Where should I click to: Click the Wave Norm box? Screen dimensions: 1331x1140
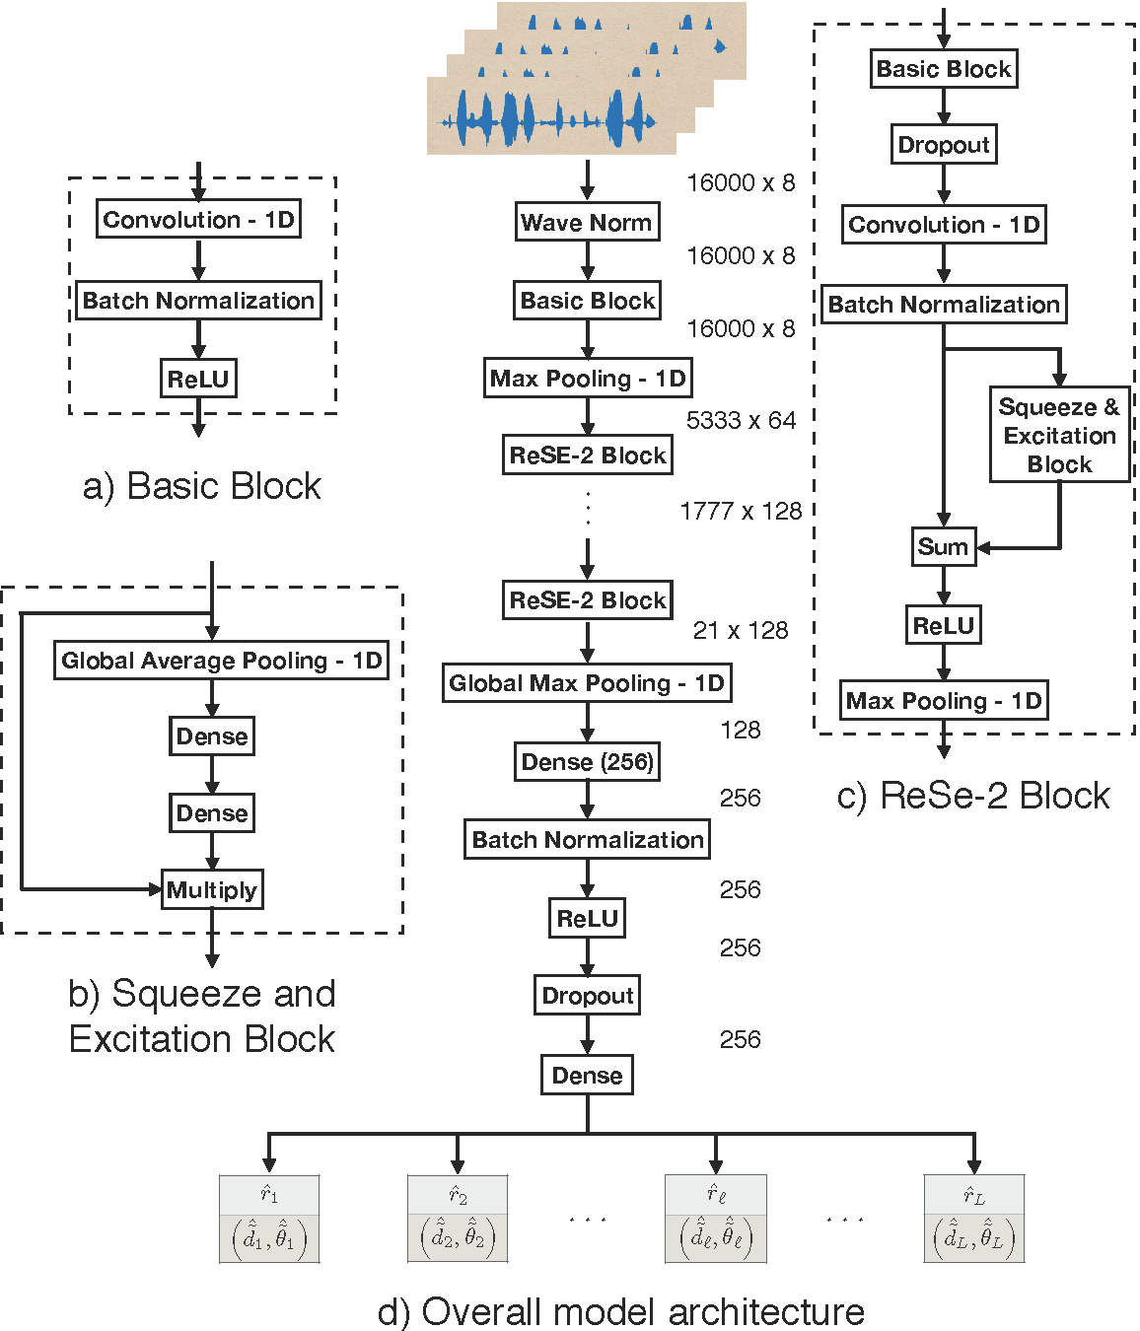point(587,222)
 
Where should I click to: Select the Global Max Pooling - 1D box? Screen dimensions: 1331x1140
point(587,683)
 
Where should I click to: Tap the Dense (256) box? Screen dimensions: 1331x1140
point(587,762)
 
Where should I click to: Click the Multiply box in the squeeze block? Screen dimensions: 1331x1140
point(212,890)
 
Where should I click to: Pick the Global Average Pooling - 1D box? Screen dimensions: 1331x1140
point(221,661)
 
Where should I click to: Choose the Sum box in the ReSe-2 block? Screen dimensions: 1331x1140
point(943,547)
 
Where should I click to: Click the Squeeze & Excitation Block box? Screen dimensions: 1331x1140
point(1059,435)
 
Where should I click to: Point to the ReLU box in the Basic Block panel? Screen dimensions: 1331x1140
point(198,379)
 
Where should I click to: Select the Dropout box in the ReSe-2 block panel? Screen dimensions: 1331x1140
point(944,145)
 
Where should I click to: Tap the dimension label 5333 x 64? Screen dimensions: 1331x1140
point(741,421)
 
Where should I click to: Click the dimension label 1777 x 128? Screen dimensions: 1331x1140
point(741,512)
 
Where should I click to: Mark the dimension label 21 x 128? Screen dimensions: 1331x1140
point(741,631)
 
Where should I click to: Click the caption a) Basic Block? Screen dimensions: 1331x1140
point(201,486)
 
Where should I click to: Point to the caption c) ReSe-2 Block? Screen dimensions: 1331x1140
point(973,796)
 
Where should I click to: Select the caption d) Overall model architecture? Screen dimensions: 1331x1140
point(620,1312)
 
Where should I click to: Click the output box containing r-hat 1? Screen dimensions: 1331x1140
point(269,1219)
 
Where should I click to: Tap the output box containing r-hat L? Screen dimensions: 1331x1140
point(974,1219)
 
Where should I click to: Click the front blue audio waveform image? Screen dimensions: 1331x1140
point(551,116)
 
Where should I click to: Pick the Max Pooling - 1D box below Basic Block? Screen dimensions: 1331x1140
point(587,379)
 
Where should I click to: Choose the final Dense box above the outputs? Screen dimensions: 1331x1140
point(587,1076)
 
